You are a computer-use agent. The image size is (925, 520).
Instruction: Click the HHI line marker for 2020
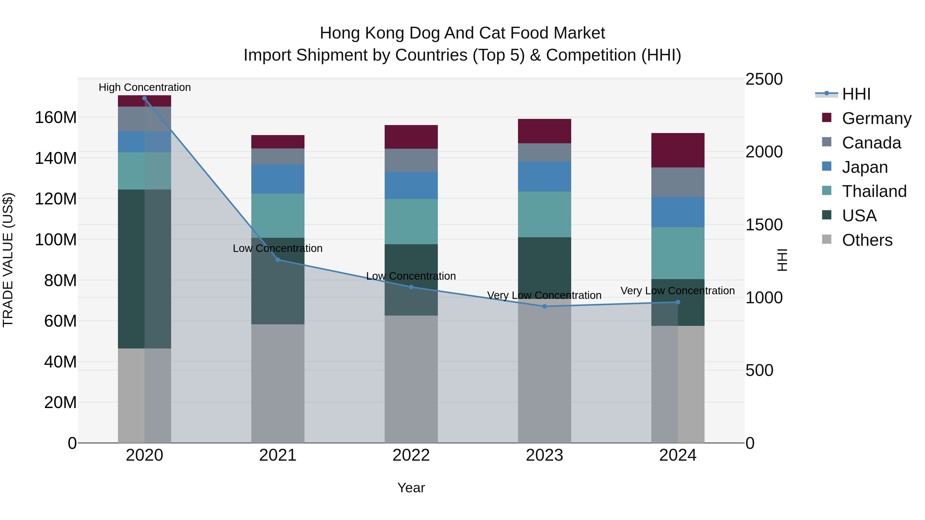[144, 98]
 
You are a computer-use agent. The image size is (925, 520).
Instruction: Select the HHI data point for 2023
[544, 306]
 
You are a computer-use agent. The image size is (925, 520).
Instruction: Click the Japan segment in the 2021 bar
[277, 179]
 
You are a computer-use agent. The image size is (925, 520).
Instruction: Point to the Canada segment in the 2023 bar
[544, 152]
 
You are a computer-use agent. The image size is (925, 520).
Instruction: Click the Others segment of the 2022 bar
[411, 379]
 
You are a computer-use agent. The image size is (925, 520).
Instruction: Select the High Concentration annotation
[144, 87]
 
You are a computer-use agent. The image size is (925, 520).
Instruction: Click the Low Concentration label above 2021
[277, 248]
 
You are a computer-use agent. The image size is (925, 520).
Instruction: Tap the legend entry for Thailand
[874, 191]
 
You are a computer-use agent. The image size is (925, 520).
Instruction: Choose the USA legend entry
[859, 216]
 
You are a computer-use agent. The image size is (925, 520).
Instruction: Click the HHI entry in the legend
[856, 94]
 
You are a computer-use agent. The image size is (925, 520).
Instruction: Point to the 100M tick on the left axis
[56, 239]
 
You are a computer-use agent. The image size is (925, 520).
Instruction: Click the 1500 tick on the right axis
[764, 225]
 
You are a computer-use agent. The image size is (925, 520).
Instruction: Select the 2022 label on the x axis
[411, 455]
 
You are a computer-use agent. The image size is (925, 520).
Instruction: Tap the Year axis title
[411, 488]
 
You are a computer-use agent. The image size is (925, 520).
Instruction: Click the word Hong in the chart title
[339, 33]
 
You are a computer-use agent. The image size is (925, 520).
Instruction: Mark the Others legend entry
[867, 240]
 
